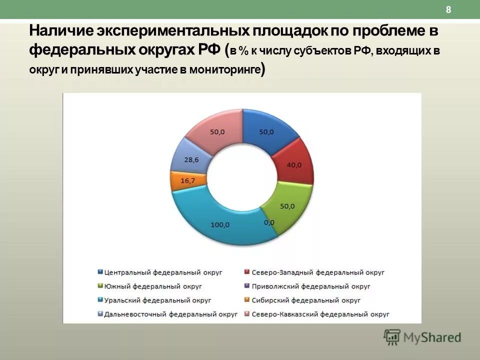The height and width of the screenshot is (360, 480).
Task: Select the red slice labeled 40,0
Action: [294, 165]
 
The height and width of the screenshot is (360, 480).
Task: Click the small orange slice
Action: [181, 180]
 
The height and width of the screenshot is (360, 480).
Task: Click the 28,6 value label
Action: [191, 159]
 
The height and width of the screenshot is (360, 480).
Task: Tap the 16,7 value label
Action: [187, 181]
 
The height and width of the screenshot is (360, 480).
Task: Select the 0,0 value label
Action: [269, 222]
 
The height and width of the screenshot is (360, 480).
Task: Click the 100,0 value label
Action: [220, 225]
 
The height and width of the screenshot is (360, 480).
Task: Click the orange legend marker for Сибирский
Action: [246, 300]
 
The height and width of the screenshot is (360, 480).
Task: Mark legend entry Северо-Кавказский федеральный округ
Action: [320, 314]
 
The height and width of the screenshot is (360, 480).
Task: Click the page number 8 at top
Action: [448, 10]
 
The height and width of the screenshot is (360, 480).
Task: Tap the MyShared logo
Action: [422, 337]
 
